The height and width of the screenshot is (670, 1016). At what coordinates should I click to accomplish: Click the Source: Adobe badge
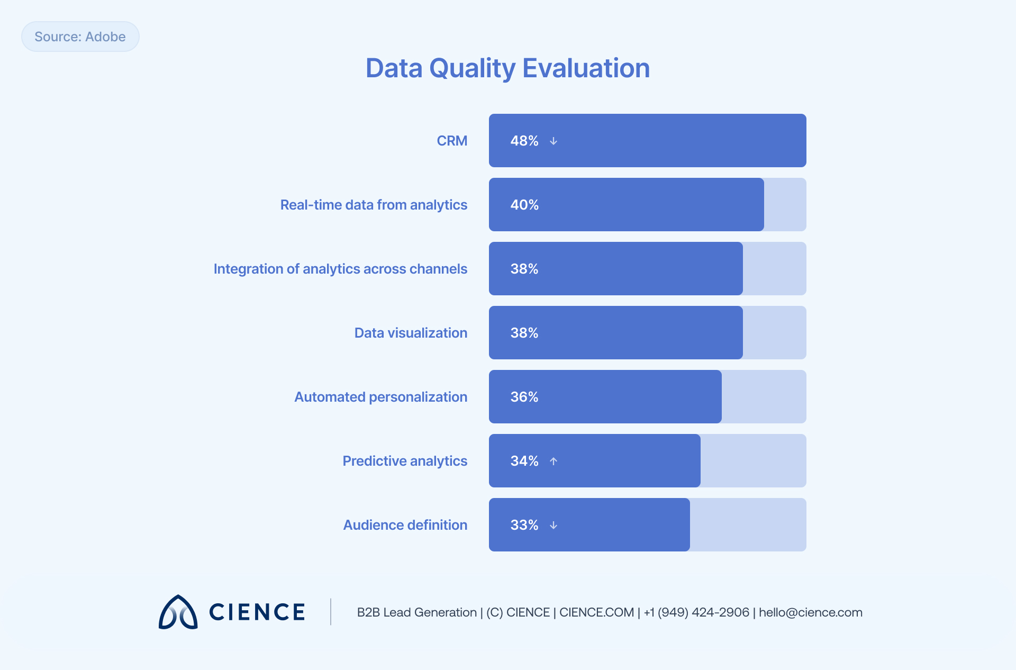coord(80,37)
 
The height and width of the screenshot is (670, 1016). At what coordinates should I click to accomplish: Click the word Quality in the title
coord(472,68)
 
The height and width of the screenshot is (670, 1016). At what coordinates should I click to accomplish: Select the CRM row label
coord(451,141)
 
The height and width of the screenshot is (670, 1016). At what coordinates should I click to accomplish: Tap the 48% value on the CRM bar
coord(524,141)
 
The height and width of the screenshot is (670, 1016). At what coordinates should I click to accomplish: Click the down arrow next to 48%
coord(554,141)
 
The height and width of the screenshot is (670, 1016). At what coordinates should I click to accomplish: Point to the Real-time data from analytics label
coord(373,205)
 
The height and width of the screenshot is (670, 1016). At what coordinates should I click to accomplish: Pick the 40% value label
coord(524,205)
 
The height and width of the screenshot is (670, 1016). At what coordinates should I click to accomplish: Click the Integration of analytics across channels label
coord(340,269)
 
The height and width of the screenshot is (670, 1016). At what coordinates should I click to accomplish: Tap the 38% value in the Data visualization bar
coord(524,333)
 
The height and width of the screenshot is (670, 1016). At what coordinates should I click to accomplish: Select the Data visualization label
coord(411,333)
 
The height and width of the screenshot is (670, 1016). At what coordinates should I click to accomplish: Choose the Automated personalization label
coord(380,397)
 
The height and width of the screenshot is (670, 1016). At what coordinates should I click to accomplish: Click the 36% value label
coord(524,397)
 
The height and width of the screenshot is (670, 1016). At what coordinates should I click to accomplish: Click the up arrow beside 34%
coord(554,461)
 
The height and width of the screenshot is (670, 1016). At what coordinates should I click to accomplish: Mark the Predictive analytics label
coord(405,461)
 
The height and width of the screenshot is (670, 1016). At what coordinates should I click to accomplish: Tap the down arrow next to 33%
coord(554,525)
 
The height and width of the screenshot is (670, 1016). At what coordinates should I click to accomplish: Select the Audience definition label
coord(405,525)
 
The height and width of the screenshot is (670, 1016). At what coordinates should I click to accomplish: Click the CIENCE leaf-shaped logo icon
coord(178,612)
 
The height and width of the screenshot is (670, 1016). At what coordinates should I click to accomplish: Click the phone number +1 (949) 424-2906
coord(696,612)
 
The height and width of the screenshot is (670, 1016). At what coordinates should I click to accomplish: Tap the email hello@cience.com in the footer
coord(810,612)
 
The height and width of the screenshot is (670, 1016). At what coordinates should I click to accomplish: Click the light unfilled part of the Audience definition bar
coord(748,525)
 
